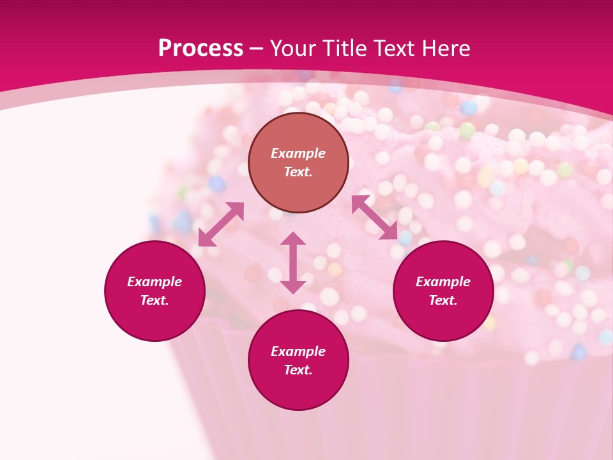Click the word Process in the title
click(x=201, y=48)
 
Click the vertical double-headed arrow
click(x=293, y=263)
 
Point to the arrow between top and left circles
click(x=221, y=224)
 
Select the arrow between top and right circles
click(x=375, y=217)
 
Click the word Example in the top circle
click(x=298, y=153)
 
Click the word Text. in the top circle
click(x=298, y=172)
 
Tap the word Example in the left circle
click(x=155, y=282)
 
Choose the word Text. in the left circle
click(x=155, y=300)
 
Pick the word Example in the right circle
click(x=443, y=282)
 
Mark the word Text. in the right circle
click(x=443, y=300)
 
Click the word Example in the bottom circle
click(x=298, y=351)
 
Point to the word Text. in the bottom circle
click(x=298, y=370)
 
